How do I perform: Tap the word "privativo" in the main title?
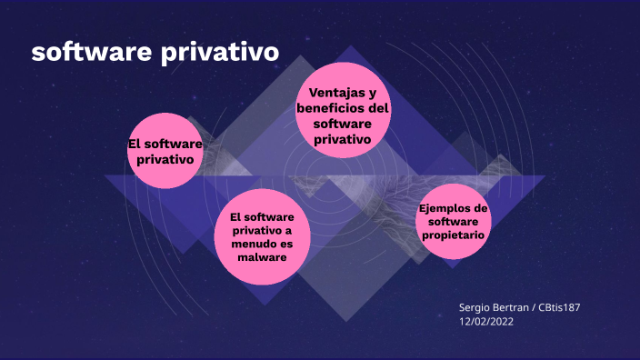click(220, 53)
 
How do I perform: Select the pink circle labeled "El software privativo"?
click(165, 151)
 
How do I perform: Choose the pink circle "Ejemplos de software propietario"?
click(453, 220)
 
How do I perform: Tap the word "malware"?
click(262, 257)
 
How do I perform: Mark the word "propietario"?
click(453, 235)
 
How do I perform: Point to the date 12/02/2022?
click(487, 322)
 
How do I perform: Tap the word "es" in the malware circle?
click(287, 244)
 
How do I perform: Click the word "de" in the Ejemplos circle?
click(480, 208)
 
